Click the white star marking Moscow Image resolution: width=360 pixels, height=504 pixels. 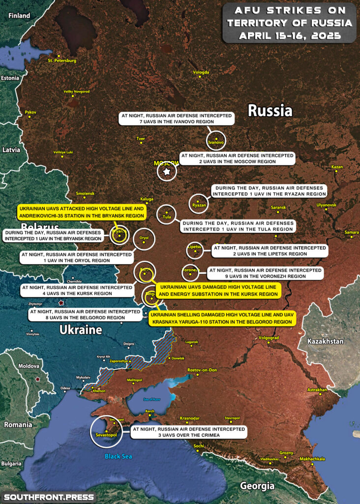point(167,172)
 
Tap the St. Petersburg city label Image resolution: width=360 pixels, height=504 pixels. point(62,61)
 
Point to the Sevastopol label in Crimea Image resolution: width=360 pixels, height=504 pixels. point(104,435)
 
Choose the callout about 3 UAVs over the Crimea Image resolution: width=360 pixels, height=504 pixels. point(189,432)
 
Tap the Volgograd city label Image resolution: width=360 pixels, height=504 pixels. point(269,338)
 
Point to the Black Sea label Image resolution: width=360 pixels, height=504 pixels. point(118,456)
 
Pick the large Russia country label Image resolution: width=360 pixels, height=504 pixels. point(270,111)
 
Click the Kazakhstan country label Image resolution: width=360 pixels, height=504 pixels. point(326,341)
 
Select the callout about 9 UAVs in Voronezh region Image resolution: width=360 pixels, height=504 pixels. point(265,273)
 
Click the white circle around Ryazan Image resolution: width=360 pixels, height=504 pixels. point(199,203)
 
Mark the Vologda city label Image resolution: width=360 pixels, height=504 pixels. point(201,72)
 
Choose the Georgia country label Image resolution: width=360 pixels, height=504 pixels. point(257,486)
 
